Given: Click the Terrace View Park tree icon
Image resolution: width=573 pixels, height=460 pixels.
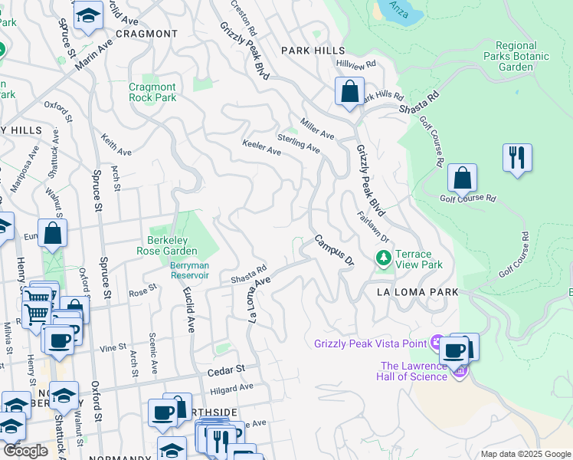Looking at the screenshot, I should point(382,259).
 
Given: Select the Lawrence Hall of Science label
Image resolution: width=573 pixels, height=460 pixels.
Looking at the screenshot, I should point(414,371).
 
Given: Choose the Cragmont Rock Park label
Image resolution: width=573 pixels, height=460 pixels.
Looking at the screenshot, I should point(152,92).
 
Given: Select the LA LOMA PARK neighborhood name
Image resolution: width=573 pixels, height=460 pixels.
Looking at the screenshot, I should point(417,292).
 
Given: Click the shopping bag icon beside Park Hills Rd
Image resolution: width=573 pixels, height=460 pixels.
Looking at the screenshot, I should point(349,92).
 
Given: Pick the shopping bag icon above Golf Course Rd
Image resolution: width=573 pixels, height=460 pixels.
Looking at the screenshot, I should point(462,179).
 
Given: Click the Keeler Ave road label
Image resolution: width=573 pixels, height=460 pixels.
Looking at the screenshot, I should point(261,148).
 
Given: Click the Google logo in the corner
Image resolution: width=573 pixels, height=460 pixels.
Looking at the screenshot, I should point(25,451).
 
